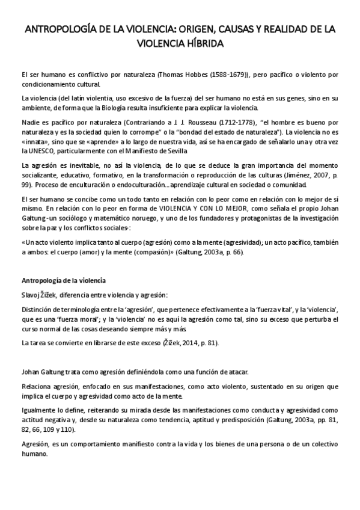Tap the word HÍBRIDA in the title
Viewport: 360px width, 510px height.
(x=203, y=44)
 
